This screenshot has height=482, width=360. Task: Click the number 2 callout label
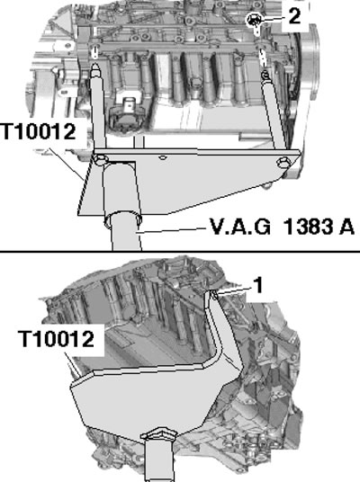coord(294,16)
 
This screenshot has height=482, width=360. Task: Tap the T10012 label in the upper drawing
coord(39,131)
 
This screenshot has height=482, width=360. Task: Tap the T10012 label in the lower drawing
coord(57,339)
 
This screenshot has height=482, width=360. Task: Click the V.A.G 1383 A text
coord(282,227)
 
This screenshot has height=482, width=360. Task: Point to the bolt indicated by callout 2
coord(254,21)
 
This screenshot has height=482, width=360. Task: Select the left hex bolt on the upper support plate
coord(101,159)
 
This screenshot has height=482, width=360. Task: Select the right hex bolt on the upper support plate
coord(283,163)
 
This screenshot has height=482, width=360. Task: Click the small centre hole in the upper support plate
coord(163,158)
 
